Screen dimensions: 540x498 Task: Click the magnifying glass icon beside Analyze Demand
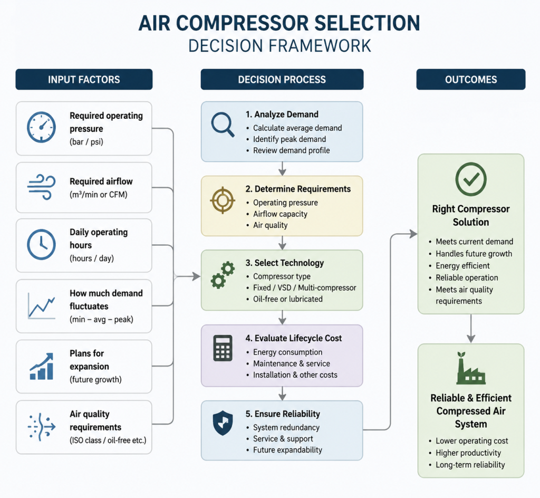223,125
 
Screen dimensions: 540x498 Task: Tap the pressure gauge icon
41,127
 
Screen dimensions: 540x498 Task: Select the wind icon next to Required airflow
41,187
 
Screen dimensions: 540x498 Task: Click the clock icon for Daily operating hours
41,245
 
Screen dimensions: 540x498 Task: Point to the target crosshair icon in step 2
223,200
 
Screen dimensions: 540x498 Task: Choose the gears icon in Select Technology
223,275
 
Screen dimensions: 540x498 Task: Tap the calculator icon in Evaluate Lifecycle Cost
223,348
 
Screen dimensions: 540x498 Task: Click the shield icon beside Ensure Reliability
223,423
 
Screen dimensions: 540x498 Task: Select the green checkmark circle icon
471,179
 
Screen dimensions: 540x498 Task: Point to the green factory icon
471,368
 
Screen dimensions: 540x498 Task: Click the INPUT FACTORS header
84,80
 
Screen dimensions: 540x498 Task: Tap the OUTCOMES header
471,80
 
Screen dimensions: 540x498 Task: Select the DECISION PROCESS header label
282,80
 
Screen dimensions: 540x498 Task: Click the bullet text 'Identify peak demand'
290,139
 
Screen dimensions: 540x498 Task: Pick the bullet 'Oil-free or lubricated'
287,299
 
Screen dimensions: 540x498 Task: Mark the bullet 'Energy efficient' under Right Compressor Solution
462,265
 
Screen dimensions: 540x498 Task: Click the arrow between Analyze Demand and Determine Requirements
283,168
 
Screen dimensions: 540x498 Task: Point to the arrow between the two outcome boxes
471,328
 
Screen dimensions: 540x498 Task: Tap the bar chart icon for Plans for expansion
42,366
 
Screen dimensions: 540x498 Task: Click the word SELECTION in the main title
367,23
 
